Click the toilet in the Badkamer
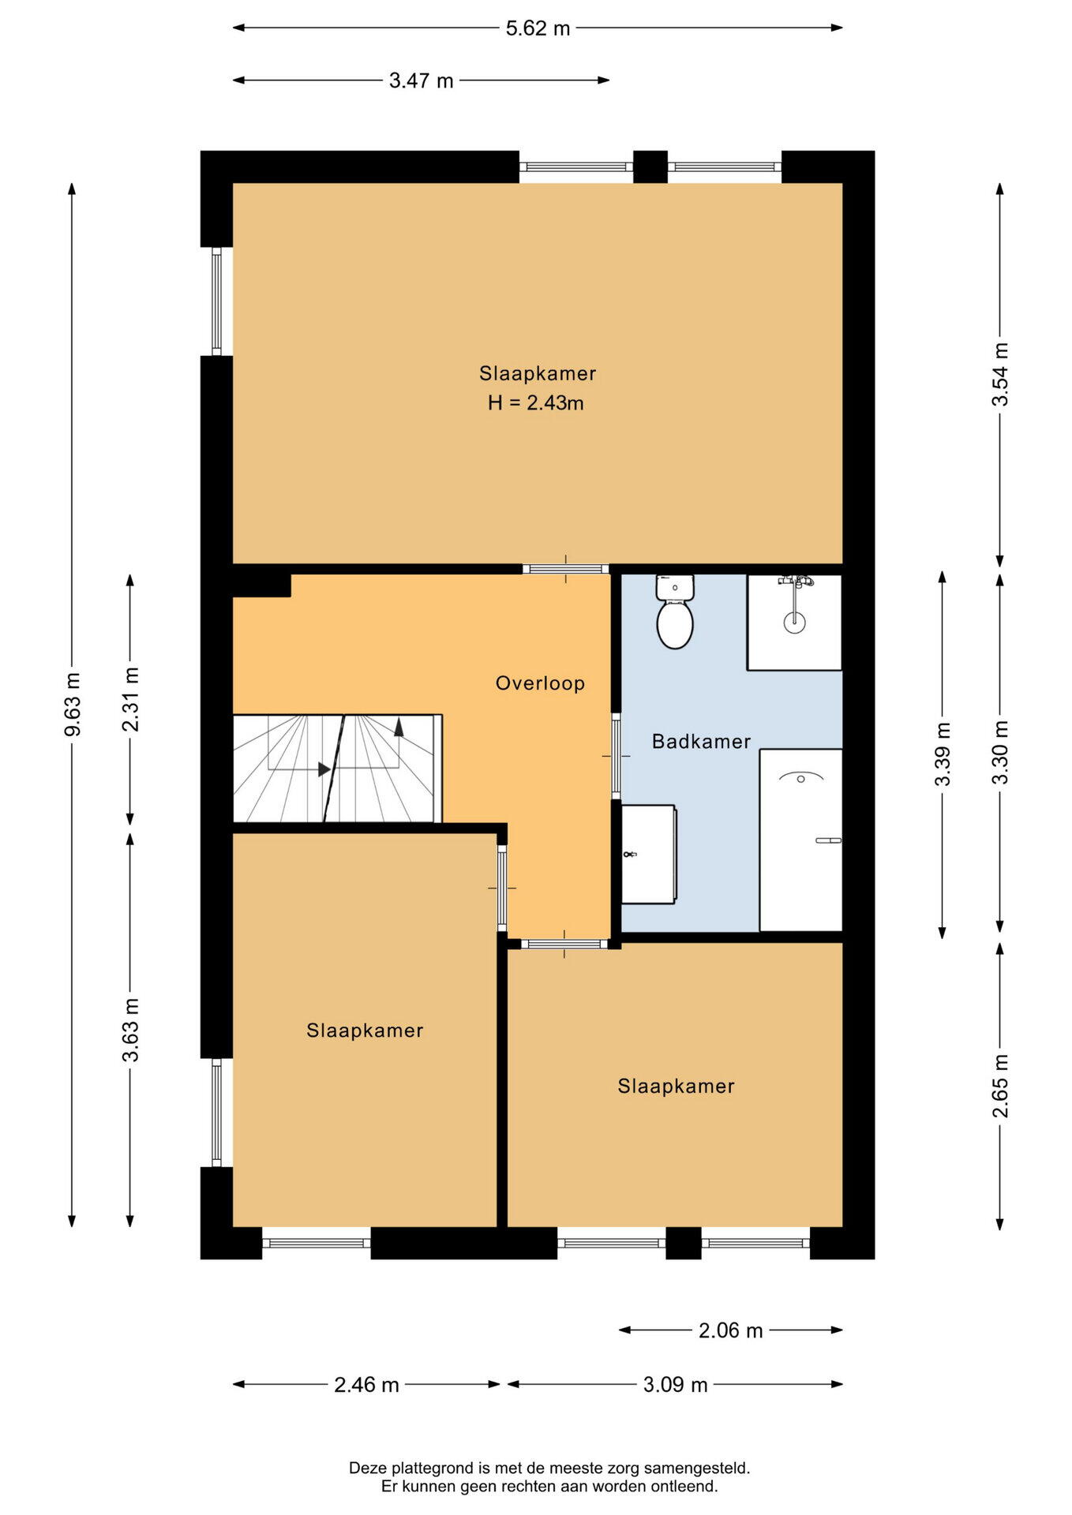click(675, 612)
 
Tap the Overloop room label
click(540, 683)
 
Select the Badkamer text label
click(701, 742)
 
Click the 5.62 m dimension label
click(538, 28)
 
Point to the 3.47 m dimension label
click(421, 80)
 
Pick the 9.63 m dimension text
click(73, 704)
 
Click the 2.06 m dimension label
click(730, 1331)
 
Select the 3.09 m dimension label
click(675, 1385)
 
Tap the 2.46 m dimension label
click(366, 1385)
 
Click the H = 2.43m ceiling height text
click(535, 403)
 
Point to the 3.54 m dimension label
click(1000, 374)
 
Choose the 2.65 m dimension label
click(1000, 1086)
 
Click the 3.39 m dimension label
click(943, 754)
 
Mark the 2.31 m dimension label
click(131, 699)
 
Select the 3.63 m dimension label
click(131, 1030)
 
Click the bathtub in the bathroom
click(800, 840)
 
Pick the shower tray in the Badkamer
click(794, 623)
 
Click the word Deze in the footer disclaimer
click(365, 1468)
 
